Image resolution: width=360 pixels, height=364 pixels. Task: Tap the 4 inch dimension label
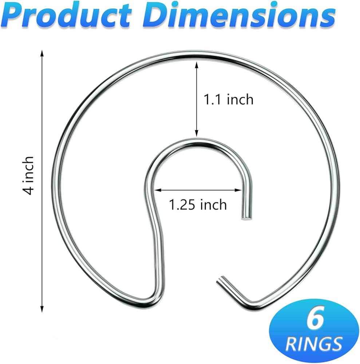[29, 175]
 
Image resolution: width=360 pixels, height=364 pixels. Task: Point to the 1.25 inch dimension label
[198, 205]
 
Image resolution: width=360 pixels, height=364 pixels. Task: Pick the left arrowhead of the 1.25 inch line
[157, 190]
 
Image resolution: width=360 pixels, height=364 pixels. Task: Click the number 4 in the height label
[29, 190]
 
